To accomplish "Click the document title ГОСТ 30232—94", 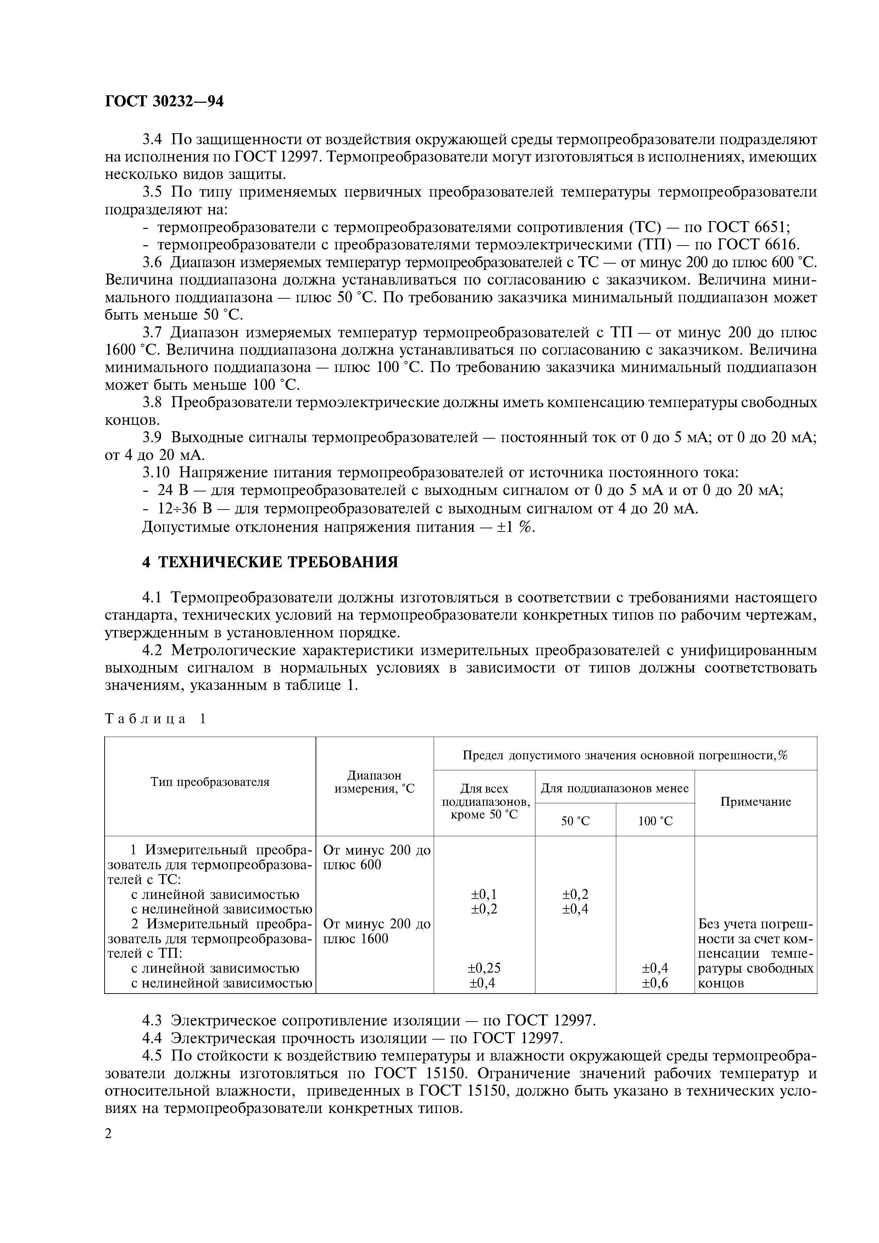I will [x=164, y=101].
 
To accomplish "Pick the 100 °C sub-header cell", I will [x=655, y=821].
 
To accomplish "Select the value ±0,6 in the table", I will [x=655, y=982].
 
